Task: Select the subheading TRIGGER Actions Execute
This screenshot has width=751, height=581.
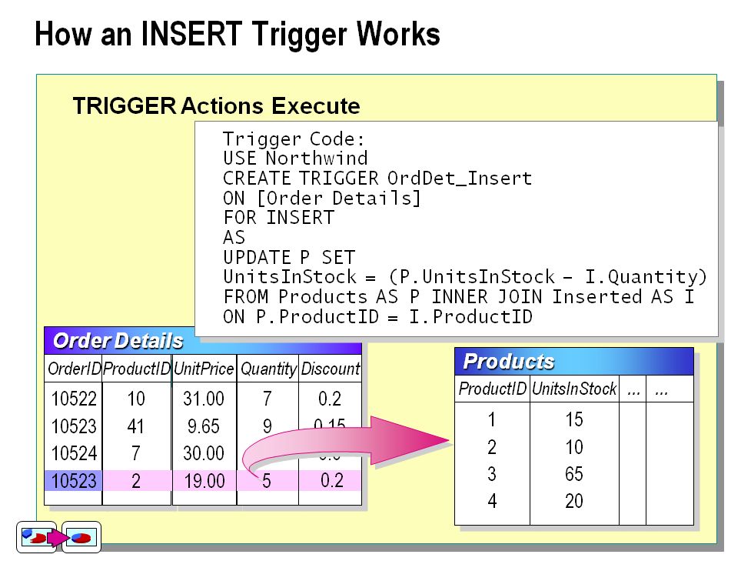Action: (x=216, y=105)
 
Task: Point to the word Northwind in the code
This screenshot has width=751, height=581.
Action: (x=317, y=159)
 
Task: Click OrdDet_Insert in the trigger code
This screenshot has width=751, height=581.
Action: (x=459, y=179)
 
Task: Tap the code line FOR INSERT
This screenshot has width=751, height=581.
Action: (x=278, y=218)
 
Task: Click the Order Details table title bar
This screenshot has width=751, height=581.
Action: (x=202, y=341)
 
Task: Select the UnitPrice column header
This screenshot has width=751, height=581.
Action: (x=204, y=369)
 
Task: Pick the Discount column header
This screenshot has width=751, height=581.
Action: (x=330, y=369)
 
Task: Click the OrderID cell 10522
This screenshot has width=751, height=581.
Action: (x=74, y=399)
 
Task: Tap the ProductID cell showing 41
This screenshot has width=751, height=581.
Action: (x=136, y=426)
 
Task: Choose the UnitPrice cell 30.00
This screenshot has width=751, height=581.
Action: (x=204, y=454)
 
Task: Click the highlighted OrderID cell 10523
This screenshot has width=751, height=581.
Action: (x=74, y=482)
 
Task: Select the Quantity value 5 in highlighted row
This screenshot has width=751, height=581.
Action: (x=267, y=482)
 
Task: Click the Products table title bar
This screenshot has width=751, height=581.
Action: (x=573, y=362)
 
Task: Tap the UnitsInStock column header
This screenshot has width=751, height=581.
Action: (x=573, y=389)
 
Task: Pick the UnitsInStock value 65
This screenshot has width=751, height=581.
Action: (x=573, y=474)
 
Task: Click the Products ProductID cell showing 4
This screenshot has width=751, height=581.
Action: (x=492, y=502)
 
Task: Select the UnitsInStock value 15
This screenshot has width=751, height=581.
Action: (x=573, y=419)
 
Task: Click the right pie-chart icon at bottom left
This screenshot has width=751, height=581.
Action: (x=81, y=537)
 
